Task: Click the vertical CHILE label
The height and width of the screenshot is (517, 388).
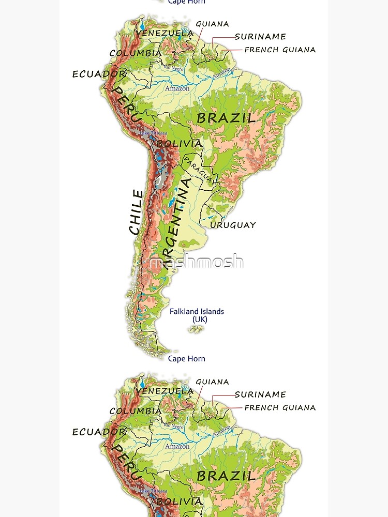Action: [136, 212]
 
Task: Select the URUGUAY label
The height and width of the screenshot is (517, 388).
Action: [233, 225]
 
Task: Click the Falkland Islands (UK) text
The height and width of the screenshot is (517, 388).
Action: [197, 315]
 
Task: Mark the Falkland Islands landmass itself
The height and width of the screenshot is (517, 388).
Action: [196, 329]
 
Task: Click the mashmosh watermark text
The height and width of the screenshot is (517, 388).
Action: [196, 262]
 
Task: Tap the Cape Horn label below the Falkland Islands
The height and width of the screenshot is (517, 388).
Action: [187, 359]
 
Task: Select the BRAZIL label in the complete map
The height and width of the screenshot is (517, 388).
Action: [226, 118]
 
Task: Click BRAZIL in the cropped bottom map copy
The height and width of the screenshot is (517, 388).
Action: [226, 476]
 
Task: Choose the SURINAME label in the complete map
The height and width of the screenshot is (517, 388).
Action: [260, 37]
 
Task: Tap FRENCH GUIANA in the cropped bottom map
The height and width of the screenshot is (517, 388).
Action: [280, 407]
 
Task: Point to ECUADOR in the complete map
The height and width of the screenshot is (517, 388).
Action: [99, 74]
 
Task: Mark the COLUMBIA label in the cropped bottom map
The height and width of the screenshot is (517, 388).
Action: [136, 411]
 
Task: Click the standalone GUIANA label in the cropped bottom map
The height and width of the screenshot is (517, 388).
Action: [212, 382]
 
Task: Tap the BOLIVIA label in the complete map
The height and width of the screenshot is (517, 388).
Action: [179, 143]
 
